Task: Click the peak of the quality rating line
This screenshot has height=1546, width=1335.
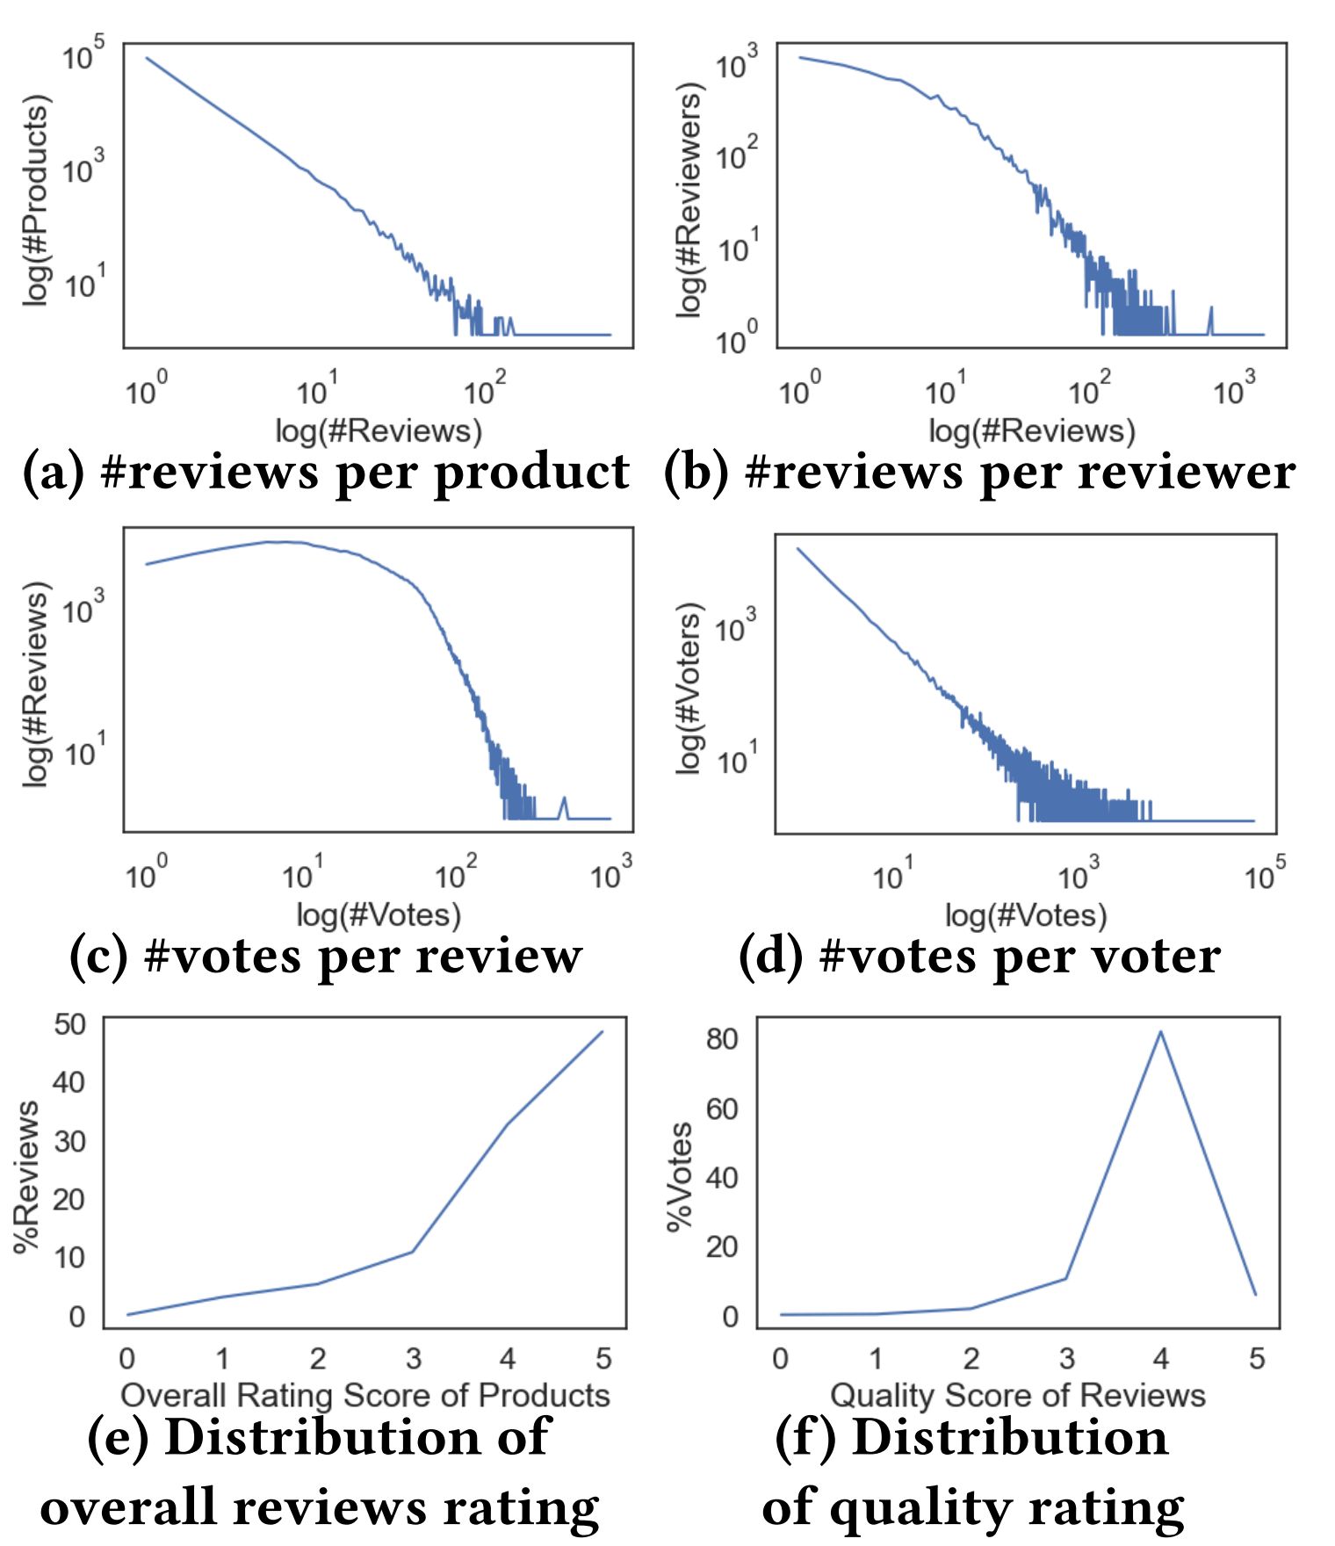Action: pos(1160,1031)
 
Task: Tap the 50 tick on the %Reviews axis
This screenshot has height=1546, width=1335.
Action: pos(70,1024)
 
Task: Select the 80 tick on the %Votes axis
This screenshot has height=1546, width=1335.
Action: pos(722,1038)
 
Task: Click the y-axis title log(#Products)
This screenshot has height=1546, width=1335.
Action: pos(36,200)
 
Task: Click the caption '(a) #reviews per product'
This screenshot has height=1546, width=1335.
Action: pos(326,472)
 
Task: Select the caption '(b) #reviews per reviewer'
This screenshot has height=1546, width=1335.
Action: pos(979,472)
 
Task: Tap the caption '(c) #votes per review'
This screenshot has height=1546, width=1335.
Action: pos(326,956)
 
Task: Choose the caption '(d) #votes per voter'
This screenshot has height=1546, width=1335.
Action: pos(979,956)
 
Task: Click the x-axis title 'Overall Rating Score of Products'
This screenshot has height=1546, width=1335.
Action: pos(365,1395)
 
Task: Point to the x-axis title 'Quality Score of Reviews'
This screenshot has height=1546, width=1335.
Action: pos(1018,1395)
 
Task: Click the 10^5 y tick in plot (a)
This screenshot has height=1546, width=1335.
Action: pos(83,54)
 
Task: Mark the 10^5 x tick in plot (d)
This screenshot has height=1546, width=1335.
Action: pos(1264,874)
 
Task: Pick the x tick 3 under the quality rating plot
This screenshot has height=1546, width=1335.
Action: pos(1066,1359)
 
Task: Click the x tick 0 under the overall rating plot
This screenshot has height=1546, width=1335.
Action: pos(127,1359)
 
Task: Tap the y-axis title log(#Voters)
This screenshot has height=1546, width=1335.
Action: pos(690,688)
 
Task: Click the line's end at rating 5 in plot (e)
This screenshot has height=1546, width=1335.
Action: pos(602,1031)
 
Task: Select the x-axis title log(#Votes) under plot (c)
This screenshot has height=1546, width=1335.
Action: pos(379,915)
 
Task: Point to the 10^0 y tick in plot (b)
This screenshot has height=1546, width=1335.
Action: pos(736,339)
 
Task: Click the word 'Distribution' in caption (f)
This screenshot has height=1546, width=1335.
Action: pos(1010,1438)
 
